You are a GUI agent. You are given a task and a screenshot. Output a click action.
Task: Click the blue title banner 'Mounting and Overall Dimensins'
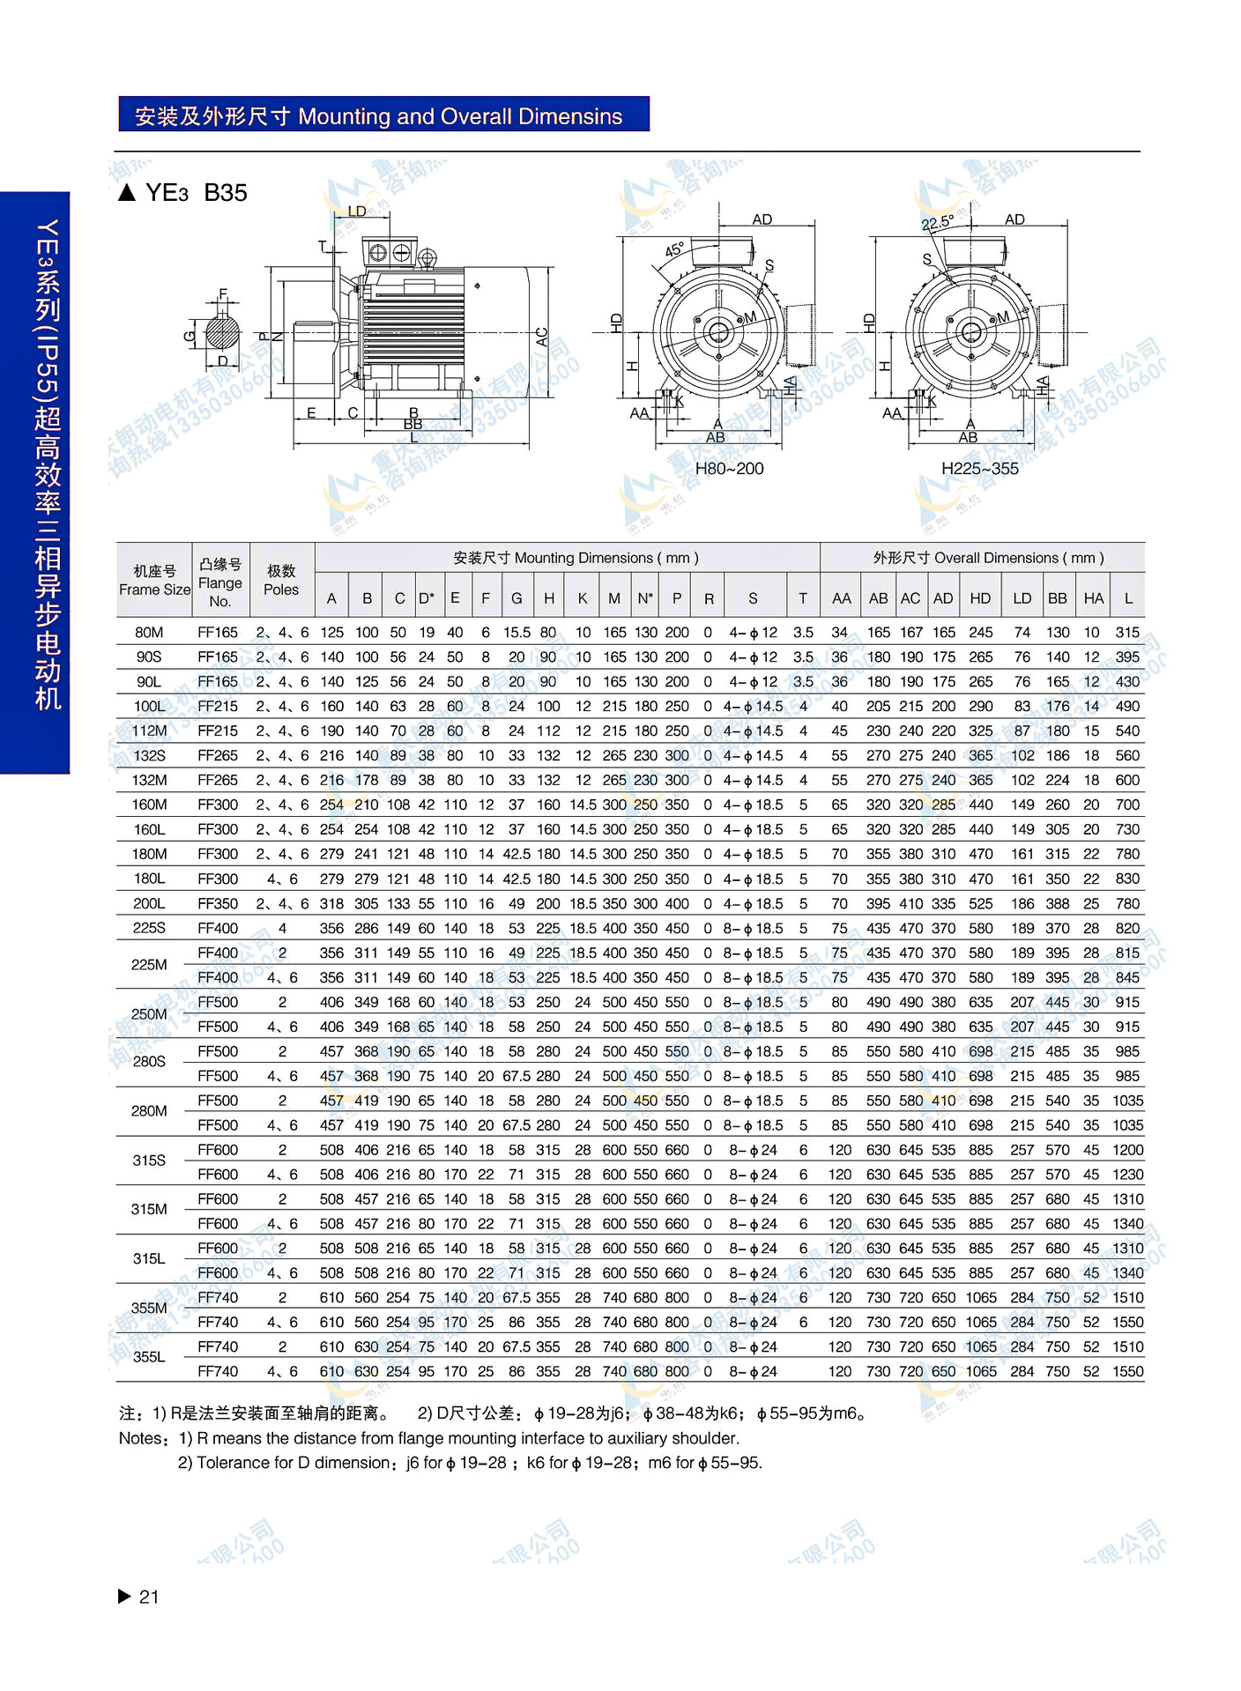click(383, 115)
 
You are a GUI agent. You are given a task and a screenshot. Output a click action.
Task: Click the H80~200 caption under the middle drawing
click(729, 469)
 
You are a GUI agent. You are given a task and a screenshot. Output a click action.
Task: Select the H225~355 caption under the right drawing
click(979, 469)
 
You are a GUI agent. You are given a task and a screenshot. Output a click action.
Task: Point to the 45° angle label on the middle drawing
click(674, 250)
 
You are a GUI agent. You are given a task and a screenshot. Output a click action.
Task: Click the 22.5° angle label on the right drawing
click(937, 223)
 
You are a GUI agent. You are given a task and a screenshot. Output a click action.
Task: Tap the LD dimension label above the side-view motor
click(357, 211)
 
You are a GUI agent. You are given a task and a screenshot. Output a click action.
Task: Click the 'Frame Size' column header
click(154, 581)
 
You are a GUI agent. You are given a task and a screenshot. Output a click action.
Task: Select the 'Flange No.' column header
click(219, 582)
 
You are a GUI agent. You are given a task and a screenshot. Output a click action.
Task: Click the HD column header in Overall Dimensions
click(980, 598)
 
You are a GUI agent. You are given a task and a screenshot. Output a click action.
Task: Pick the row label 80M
click(149, 633)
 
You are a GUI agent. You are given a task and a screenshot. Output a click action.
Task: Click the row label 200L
click(149, 904)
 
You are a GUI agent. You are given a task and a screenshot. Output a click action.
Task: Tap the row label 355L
click(149, 1357)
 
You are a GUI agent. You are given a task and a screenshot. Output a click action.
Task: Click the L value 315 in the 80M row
click(1127, 633)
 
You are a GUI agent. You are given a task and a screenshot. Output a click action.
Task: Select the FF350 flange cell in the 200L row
click(218, 904)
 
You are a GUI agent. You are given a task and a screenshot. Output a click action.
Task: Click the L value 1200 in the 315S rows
click(1127, 1150)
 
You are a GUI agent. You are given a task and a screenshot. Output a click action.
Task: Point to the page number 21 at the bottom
click(149, 1597)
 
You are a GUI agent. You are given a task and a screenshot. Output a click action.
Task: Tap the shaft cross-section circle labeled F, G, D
click(222, 333)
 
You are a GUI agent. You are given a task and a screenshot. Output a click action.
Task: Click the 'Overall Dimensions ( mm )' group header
click(988, 558)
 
